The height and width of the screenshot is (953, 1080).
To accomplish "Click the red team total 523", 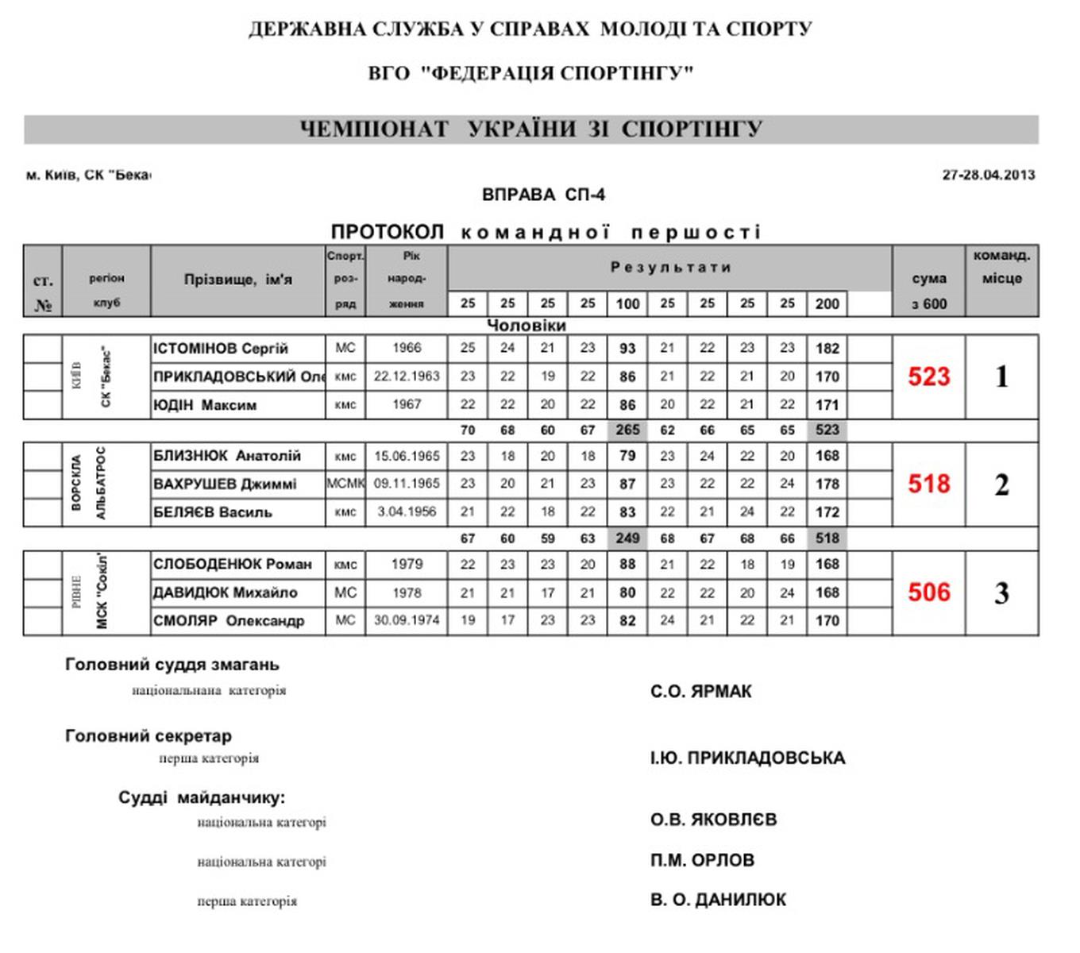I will pyautogui.click(x=928, y=376).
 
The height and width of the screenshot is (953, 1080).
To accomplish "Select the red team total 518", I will pyautogui.click(x=928, y=484).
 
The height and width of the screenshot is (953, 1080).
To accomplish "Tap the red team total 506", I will pyautogui.click(x=928, y=592).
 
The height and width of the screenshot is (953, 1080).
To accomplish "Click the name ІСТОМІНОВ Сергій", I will pyautogui.click(x=221, y=349).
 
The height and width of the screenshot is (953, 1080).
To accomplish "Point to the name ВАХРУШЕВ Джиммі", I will pyautogui.click(x=225, y=484).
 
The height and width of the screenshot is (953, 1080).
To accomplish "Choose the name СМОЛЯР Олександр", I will pyautogui.click(x=229, y=621).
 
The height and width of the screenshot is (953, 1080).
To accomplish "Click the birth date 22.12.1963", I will pyautogui.click(x=407, y=376).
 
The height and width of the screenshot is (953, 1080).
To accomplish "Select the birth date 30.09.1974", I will pyautogui.click(x=407, y=620).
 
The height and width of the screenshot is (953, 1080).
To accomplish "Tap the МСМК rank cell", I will pyautogui.click(x=345, y=484).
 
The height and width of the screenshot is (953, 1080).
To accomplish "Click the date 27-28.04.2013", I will pyautogui.click(x=989, y=175).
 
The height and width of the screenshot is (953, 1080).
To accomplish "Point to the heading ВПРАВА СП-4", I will pyautogui.click(x=543, y=195).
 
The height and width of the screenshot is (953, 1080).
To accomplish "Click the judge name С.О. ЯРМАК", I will pyautogui.click(x=700, y=692).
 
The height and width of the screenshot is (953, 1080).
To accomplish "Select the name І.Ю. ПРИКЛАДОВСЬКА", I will pyautogui.click(x=747, y=758).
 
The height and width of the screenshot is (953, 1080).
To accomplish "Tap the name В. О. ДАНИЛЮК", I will pyautogui.click(x=718, y=900).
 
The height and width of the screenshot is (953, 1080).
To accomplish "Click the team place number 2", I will pyautogui.click(x=1001, y=484).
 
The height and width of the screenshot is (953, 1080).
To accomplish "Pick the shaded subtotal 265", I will pyautogui.click(x=627, y=430).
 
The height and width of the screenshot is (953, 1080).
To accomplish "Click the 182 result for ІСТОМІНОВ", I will pyautogui.click(x=827, y=349).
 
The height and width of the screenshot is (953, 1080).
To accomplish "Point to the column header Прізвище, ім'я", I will pyautogui.click(x=237, y=280).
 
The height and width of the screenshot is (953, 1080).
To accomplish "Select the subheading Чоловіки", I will pyautogui.click(x=526, y=326).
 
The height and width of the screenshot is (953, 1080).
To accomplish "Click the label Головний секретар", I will pyautogui.click(x=148, y=736).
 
